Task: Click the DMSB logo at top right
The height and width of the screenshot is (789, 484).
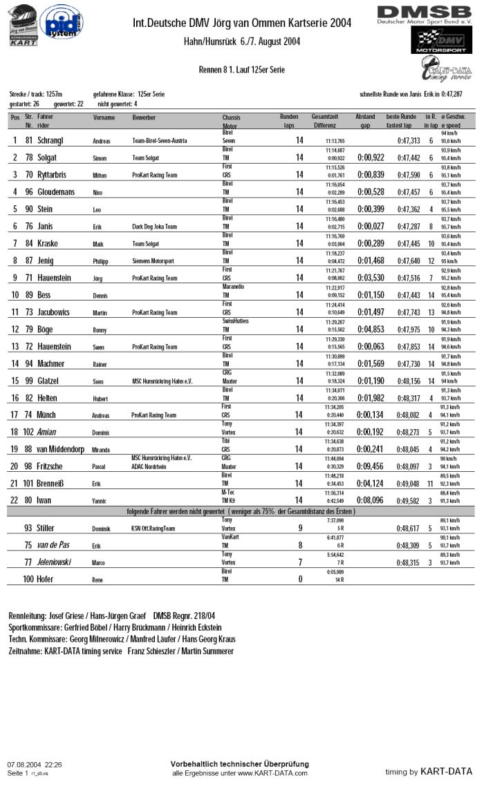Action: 424,15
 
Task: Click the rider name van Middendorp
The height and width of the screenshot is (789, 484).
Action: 66,449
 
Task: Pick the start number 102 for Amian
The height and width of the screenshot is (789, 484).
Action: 28,432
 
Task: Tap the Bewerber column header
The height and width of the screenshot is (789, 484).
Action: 144,117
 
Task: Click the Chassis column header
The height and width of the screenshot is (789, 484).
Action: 232,117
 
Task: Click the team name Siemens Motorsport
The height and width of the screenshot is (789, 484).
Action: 153,261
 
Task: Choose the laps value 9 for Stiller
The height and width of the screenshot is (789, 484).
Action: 299,528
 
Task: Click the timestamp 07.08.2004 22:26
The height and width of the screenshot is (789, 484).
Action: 35,765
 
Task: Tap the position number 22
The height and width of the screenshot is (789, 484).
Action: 15,500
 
